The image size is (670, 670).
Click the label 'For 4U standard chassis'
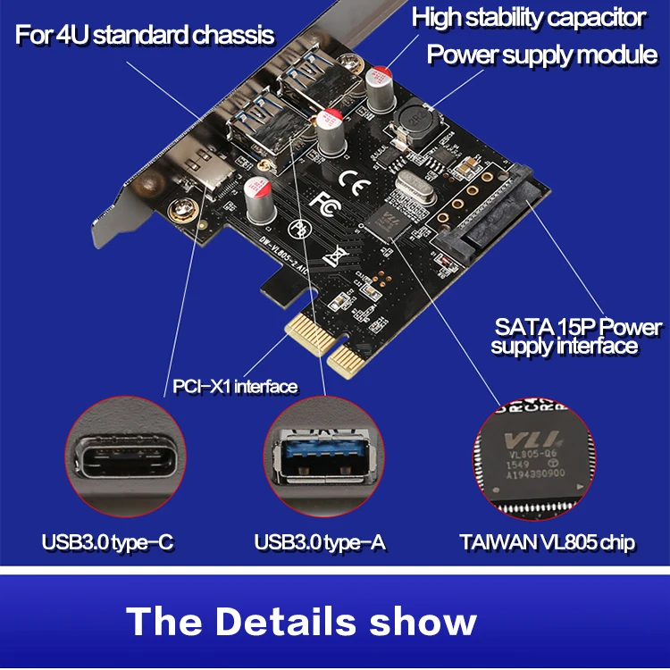coord(144,37)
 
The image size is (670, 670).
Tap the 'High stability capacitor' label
coord(528,17)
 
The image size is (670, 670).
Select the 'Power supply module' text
coord(541,54)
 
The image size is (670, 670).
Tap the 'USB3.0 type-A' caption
coord(320,541)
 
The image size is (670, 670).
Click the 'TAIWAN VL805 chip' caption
coord(548,541)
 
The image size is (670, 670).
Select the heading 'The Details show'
coord(302,621)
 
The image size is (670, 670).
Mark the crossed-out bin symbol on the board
coord(336,257)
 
